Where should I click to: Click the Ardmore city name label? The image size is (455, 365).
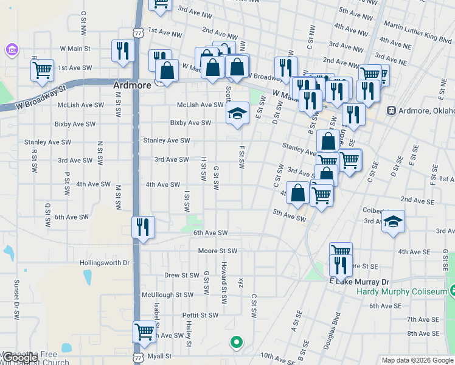[x=132, y=86]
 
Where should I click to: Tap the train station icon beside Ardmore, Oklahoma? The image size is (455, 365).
[x=391, y=111]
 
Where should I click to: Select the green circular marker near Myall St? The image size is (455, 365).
[x=236, y=342]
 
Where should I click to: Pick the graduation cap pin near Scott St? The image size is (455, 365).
[x=238, y=113]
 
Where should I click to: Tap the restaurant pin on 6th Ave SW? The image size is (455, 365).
[x=143, y=228]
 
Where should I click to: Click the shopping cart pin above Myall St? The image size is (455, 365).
[x=144, y=332]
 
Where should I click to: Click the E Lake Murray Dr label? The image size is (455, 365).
[x=358, y=282]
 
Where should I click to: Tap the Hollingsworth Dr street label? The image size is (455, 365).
[x=105, y=263]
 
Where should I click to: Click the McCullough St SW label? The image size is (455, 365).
[x=167, y=294]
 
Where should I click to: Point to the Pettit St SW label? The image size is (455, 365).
[x=200, y=315]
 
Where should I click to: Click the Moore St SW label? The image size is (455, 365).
[x=217, y=251]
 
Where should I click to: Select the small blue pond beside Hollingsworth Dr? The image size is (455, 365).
[x=88, y=277]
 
